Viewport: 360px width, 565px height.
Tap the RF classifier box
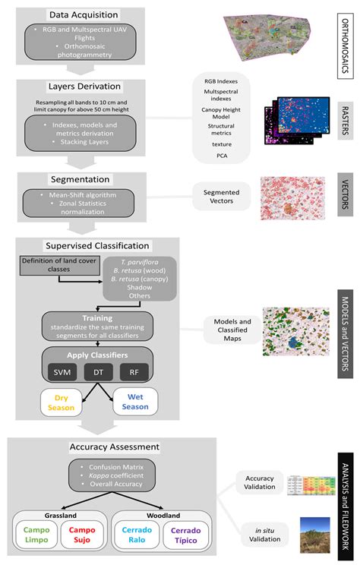tap(134, 371)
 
